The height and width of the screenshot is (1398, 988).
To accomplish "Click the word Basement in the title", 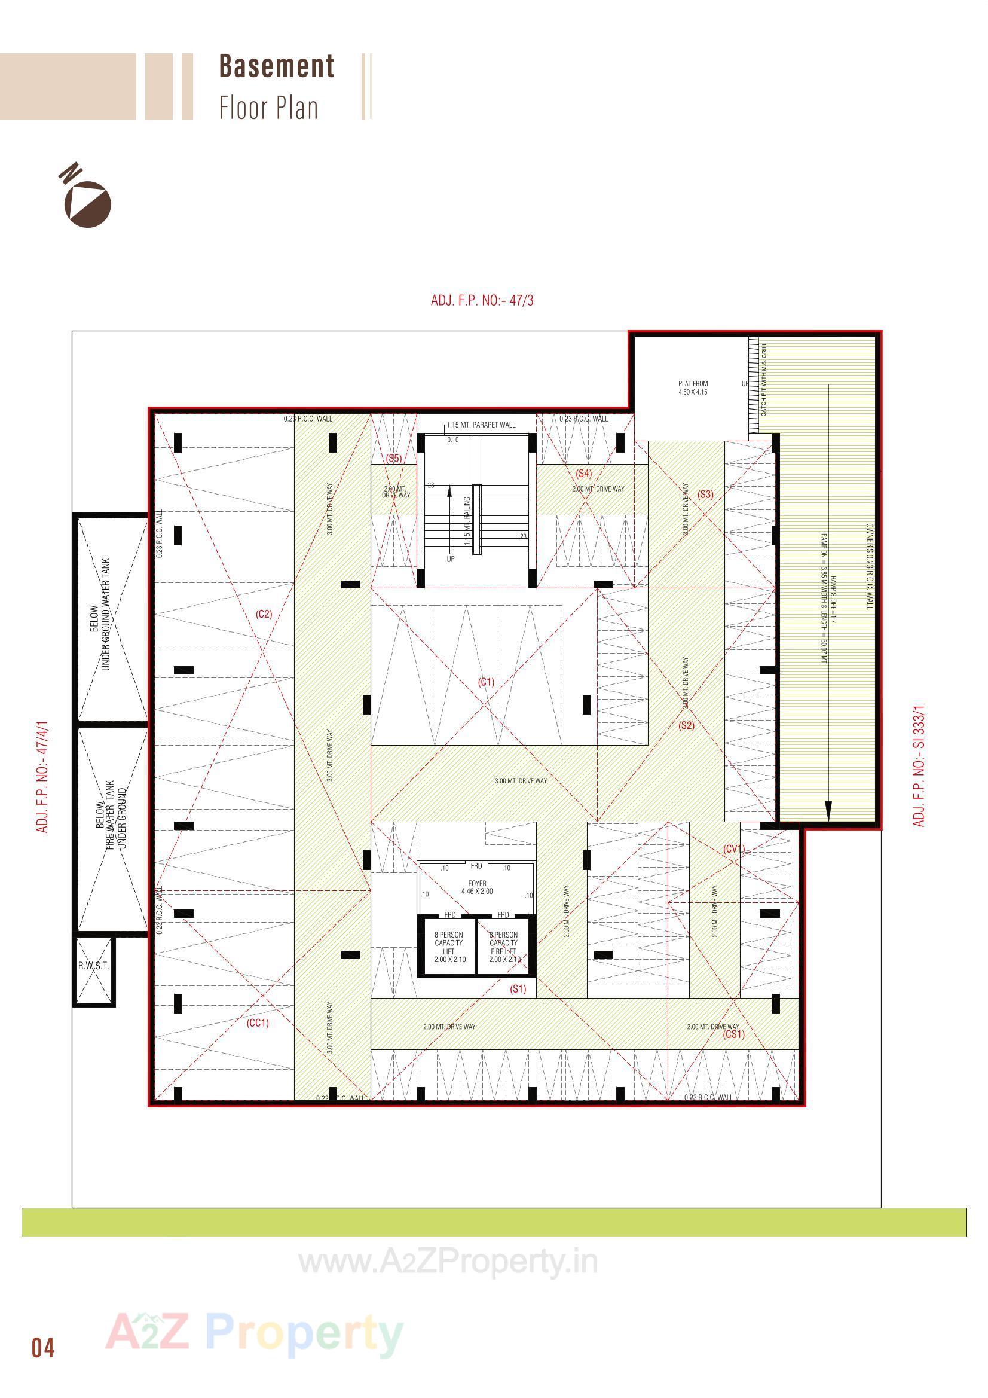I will point(276,66).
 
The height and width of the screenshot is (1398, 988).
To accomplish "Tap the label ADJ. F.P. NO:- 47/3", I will point(482,300).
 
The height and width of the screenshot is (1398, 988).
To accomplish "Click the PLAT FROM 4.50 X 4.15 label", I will point(693,388).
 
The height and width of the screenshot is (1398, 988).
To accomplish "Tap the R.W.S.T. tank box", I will point(93,966).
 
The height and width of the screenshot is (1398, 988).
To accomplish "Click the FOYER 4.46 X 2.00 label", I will point(476,887).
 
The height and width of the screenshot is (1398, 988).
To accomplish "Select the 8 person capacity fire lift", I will point(503,947).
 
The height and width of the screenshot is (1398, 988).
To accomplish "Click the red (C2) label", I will point(264,613).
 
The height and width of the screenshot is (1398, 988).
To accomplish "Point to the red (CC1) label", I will point(258,1023).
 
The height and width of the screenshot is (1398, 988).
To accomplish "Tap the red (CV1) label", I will point(734,849).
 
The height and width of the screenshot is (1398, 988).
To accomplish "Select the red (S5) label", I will point(394,458).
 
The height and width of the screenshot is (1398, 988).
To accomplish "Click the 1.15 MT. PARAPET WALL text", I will point(481,425).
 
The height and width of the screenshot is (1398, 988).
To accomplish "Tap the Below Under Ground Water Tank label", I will point(100,615).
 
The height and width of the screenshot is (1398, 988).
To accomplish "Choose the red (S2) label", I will point(686,725).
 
